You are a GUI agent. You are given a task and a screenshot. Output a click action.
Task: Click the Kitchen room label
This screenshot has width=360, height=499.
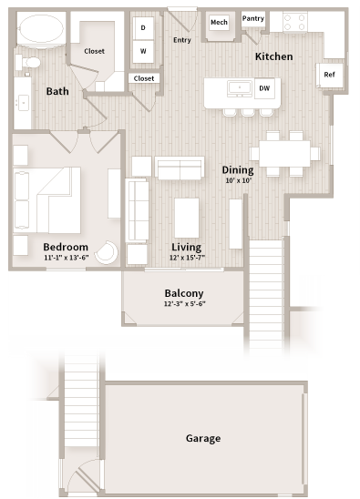point(273,56)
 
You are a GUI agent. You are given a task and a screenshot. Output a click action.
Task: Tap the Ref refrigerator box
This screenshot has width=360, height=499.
point(329,76)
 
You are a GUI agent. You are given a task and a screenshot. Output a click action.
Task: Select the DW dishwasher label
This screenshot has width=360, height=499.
point(264,88)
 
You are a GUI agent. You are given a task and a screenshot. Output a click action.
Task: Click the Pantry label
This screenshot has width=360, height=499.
point(252,18)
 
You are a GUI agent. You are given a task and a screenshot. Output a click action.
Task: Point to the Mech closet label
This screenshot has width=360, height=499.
point(219,22)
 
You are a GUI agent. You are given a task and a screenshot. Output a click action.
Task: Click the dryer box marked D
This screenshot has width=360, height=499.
point(143,28)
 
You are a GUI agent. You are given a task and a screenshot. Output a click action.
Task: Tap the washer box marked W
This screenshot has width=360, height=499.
point(143,50)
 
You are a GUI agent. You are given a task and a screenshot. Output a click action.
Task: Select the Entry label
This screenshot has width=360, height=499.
point(182,39)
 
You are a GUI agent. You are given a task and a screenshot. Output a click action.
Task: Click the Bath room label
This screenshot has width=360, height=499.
point(57,90)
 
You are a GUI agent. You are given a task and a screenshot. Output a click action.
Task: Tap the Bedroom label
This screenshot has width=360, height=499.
point(66,247)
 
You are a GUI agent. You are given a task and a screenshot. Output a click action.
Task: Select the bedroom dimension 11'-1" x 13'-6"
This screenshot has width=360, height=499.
point(66,258)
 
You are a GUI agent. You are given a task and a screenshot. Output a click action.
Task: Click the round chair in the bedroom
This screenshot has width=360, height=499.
point(108,252)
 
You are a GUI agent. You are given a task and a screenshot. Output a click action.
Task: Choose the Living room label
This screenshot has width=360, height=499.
point(187,247)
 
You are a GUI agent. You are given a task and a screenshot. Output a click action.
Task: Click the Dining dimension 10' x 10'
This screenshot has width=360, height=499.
point(237,179)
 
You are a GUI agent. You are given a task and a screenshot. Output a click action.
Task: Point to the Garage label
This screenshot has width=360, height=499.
point(203,438)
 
